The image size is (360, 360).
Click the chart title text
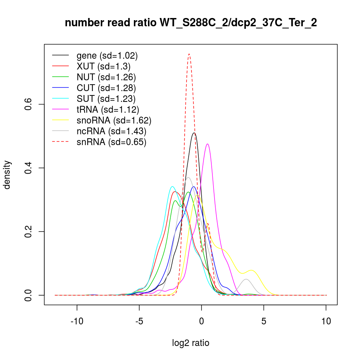191,23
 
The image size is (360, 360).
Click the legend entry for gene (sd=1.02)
107,56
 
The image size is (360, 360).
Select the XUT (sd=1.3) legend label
103,67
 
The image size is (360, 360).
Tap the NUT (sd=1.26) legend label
106,77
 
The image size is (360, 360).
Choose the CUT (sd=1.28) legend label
106,88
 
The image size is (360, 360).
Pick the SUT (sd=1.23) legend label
106,99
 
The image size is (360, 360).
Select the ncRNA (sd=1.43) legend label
111,131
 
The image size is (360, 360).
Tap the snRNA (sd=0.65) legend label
111,142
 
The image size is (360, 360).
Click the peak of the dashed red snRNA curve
189,54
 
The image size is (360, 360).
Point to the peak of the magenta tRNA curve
207,144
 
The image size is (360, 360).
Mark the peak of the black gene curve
194,133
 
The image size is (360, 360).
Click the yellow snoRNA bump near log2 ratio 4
251,270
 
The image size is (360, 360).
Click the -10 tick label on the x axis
77,321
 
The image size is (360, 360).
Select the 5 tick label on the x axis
264,321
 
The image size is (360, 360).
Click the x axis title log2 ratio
191,343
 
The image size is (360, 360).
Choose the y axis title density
8,175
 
